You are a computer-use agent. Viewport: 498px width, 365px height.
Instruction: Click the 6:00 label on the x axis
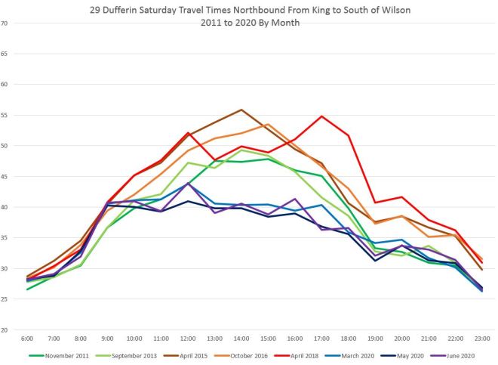click(26, 338)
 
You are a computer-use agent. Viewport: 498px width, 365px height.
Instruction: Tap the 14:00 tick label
click(241, 338)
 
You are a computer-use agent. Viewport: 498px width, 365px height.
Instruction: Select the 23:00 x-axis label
click(483, 338)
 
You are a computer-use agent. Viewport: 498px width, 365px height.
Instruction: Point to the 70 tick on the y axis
click(5, 23)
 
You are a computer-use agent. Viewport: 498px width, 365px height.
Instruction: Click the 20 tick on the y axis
click(5, 330)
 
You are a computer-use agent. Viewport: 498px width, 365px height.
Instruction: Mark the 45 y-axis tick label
click(5, 176)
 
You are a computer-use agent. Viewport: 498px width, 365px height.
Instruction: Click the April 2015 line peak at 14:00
click(241, 110)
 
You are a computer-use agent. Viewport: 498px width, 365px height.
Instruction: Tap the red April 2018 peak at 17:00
click(322, 116)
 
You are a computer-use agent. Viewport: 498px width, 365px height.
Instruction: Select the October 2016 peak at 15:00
click(268, 125)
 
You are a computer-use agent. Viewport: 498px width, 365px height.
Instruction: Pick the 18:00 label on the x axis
click(349, 338)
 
